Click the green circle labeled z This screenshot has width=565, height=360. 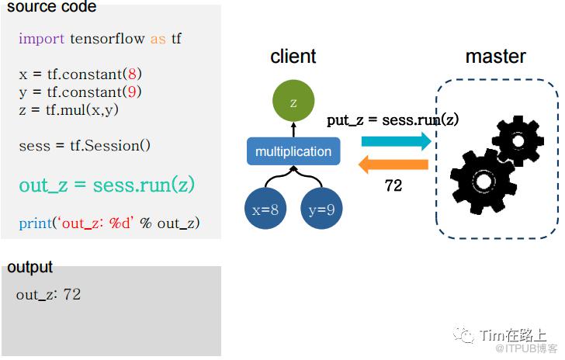coord(293,102)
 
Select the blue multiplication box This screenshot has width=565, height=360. coord(293,151)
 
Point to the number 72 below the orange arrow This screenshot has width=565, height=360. coord(393,186)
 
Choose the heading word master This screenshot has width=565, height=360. coord(495,57)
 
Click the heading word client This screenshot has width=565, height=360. coord(293,57)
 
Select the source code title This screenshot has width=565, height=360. coord(51,7)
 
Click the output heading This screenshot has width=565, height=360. coord(29,267)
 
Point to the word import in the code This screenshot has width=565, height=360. coord(41,38)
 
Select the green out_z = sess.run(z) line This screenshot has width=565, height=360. coord(106,185)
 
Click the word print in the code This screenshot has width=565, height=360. coord(36,223)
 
